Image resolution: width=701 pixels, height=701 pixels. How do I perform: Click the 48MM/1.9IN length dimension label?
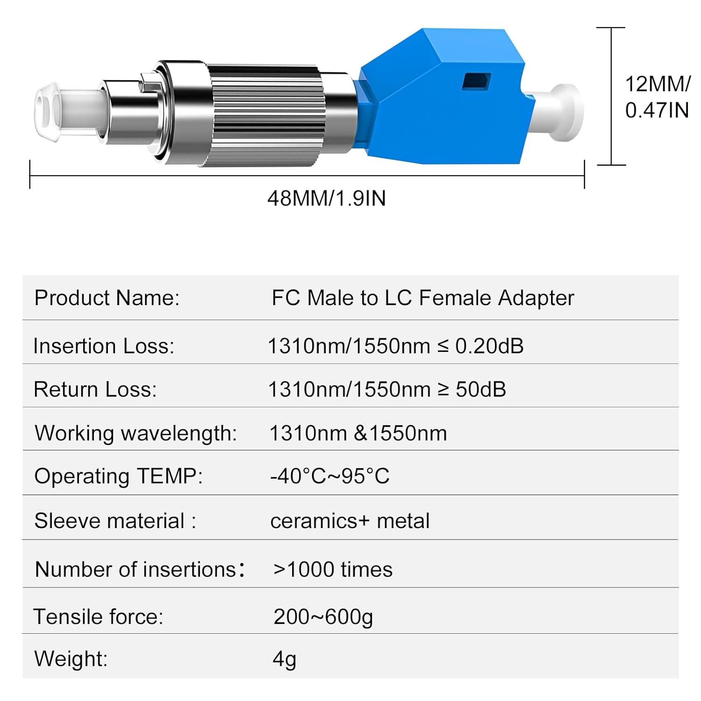coord(326,199)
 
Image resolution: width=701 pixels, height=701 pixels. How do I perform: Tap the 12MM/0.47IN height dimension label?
coord(657,97)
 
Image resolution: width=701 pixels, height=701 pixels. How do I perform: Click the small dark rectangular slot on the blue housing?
coord(476,81)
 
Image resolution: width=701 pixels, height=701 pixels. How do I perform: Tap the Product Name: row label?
coord(107,298)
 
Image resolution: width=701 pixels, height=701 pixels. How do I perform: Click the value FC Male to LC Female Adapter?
coord(422,298)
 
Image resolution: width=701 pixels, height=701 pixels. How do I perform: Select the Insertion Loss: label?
coord(104,346)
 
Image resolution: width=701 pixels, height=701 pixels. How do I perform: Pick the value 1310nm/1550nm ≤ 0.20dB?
coord(395,346)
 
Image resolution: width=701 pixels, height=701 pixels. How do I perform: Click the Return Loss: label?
coord(95,390)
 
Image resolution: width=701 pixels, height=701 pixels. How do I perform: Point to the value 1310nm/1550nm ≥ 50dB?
coord(387,390)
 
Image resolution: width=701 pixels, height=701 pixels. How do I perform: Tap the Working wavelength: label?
coord(136,433)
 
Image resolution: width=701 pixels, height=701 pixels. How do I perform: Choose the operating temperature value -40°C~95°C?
coord(329,476)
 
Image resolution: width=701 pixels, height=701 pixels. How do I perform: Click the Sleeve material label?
coord(115,521)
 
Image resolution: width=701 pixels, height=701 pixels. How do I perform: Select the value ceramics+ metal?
coord(350,521)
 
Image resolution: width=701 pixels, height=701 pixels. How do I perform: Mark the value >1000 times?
coord(333,570)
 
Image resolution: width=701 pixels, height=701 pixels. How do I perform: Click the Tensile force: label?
coord(98,617)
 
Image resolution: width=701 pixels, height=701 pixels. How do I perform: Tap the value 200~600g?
coord(323,617)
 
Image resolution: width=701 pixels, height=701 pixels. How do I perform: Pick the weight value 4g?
coord(284,659)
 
